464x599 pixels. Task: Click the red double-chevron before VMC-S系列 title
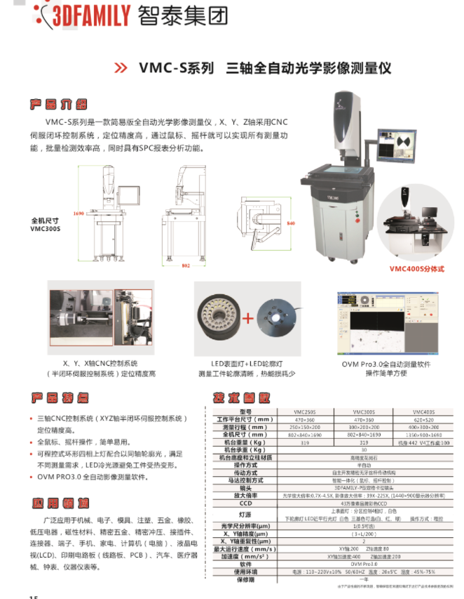point(121,68)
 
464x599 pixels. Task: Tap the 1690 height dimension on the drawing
point(79,213)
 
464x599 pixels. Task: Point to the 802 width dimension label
point(186,266)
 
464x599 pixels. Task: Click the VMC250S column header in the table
point(304,412)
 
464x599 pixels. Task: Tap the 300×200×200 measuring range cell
point(364,427)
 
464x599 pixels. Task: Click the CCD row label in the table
point(245,503)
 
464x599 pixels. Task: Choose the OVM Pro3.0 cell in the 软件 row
point(364,563)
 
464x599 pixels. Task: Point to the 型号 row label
point(245,412)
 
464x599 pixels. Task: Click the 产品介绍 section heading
point(58,105)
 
